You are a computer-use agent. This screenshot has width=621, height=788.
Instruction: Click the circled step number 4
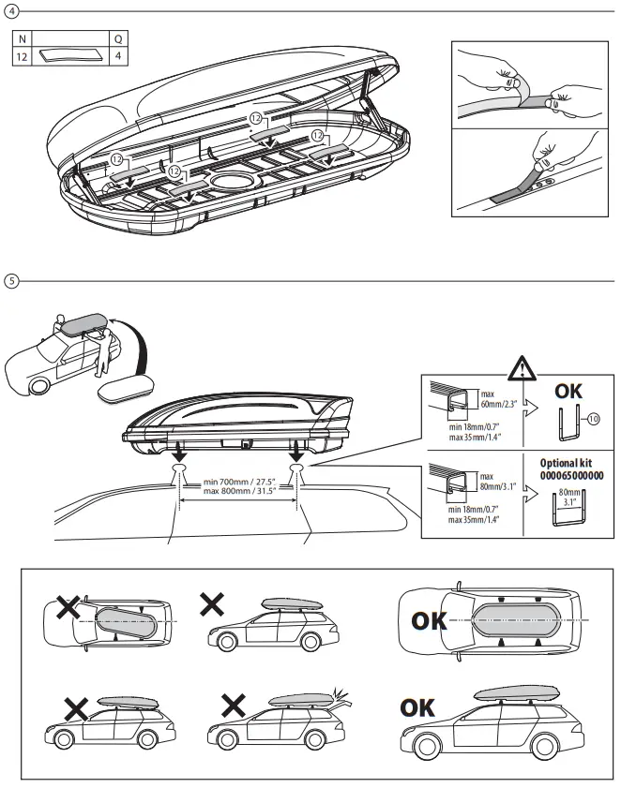tap(11, 11)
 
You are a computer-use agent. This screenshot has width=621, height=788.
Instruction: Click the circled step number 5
tap(11, 280)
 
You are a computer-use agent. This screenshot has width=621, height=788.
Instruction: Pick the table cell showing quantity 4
tap(117, 56)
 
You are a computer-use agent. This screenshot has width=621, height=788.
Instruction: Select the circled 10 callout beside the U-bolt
tap(592, 419)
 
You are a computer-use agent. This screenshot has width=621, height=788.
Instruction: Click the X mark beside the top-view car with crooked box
tap(67, 608)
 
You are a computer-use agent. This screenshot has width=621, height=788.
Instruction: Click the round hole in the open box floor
tap(230, 180)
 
